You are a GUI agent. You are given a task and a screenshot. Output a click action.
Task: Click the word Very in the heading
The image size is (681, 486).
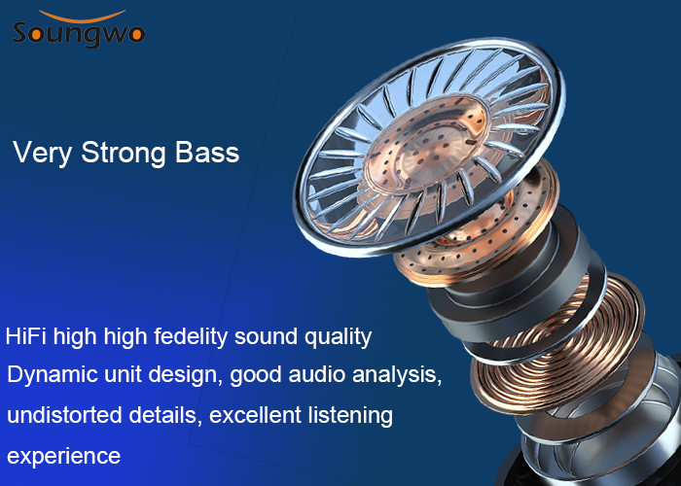coord(42,154)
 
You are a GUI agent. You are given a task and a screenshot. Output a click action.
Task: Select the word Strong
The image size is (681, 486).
coord(123,154)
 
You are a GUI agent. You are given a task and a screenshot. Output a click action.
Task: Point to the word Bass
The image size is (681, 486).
coord(207,153)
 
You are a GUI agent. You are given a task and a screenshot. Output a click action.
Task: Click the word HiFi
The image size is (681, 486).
coord(25,336)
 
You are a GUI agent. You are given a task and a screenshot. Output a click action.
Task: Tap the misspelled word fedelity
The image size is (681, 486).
coord(191,337)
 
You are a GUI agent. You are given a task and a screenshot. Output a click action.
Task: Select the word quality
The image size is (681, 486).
coord(338,337)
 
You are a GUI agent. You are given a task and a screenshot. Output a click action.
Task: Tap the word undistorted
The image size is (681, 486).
coord(65,415)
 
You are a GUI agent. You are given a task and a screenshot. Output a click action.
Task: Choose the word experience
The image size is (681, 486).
coord(63,457)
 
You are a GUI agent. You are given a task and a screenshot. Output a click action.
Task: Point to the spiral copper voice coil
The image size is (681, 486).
coord(560,343)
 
